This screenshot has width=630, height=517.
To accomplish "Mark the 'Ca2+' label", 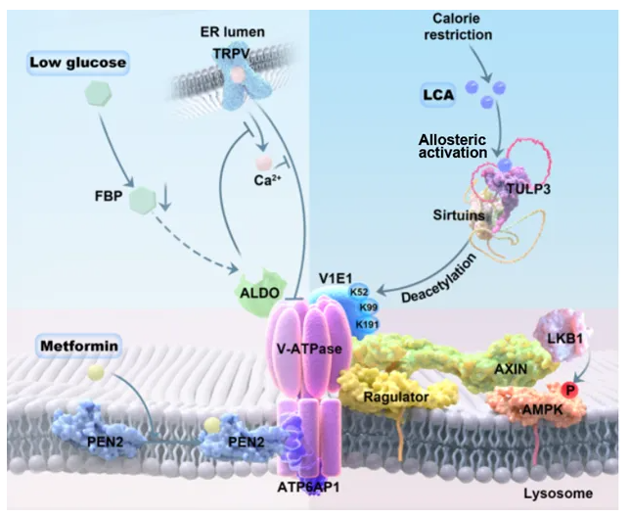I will (260, 180).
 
